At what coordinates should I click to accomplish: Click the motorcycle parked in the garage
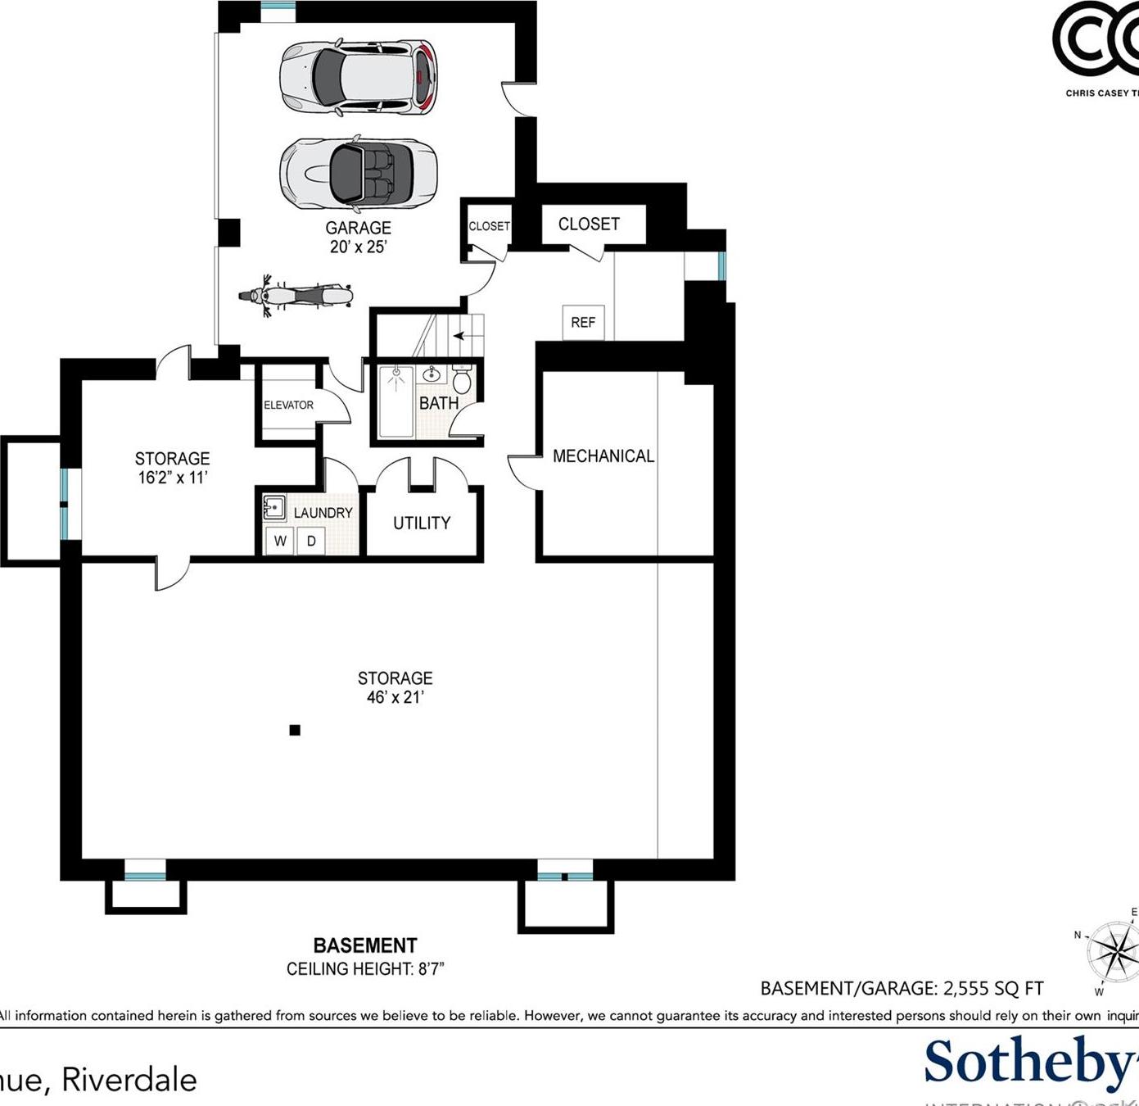click(x=296, y=295)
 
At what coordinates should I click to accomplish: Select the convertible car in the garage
click(x=358, y=173)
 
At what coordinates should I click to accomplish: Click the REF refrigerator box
click(x=583, y=322)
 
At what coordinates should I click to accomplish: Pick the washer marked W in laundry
click(x=280, y=541)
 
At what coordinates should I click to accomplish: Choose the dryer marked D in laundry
click(x=311, y=541)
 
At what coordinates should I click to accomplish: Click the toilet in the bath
click(x=462, y=379)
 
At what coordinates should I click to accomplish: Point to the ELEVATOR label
click(x=288, y=405)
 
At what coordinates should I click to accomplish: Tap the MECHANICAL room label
click(x=603, y=456)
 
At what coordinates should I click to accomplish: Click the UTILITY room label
click(x=422, y=523)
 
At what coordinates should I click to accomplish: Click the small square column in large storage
click(x=295, y=730)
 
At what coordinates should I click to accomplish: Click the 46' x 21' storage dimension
click(x=395, y=698)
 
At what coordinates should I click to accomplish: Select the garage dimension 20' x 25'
click(x=358, y=247)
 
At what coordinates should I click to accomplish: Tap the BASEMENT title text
click(x=365, y=945)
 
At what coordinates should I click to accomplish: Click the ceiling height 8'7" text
click(x=365, y=969)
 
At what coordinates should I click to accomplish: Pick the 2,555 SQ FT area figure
click(x=993, y=989)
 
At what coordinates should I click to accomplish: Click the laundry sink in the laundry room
click(x=273, y=508)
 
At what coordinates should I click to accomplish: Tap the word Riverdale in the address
click(x=129, y=1080)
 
